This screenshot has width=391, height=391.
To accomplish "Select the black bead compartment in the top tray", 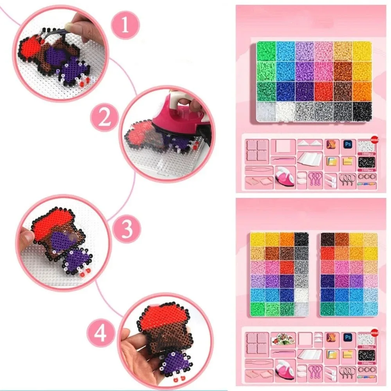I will pos(362,111).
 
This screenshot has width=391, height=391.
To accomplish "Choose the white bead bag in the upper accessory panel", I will pos(366,148).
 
